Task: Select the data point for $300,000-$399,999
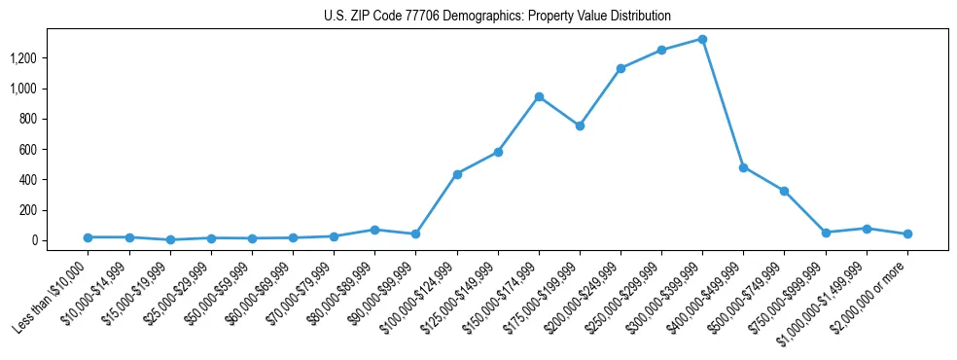coord(702,40)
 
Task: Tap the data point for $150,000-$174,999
coord(539,97)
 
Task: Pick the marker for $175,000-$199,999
coord(580,126)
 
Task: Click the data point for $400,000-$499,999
coord(743,167)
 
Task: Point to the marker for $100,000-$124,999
coord(457,174)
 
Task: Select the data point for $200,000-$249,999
coord(620,68)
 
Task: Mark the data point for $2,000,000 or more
coord(907,234)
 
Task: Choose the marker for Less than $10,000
coord(88,237)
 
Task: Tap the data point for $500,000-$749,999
coord(784,191)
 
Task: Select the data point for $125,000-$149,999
coord(498,152)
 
